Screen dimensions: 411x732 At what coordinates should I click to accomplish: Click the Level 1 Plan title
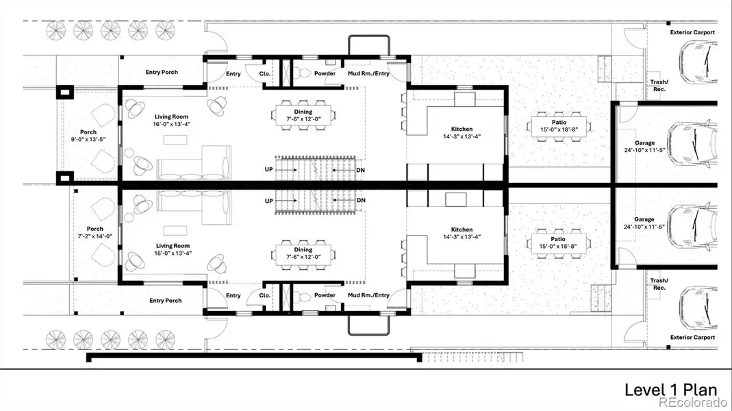pos(670,389)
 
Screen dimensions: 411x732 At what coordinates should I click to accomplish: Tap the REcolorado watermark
pos(696,403)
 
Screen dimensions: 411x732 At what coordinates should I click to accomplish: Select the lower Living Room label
pos(173,246)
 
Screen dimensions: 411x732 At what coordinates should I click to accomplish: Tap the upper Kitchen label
pos(462,129)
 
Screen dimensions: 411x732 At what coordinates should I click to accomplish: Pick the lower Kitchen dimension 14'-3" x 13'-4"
pos(462,238)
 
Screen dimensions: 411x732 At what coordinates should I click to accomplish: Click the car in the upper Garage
pos(692,143)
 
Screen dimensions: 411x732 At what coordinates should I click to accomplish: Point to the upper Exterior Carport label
pos(692,32)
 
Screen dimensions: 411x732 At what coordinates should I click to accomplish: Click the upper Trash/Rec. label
pos(659,86)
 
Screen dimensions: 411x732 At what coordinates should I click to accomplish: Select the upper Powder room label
pos(325,74)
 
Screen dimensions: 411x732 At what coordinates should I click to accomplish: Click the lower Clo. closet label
pos(264,295)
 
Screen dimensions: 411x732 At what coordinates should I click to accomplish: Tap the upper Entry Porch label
pos(162,72)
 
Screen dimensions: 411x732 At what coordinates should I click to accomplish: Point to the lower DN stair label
pos(362,200)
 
